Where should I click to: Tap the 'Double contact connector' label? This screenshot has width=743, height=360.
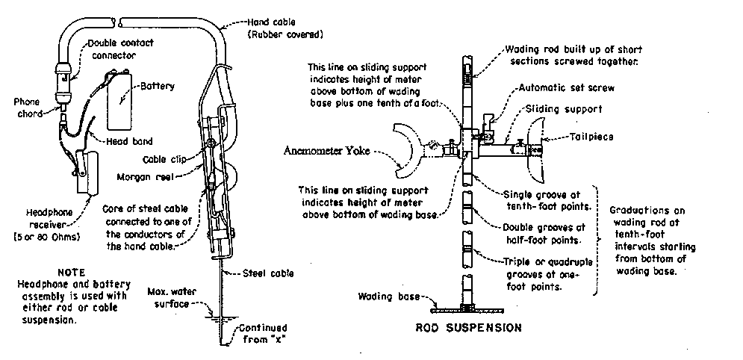pyautogui.click(x=120, y=49)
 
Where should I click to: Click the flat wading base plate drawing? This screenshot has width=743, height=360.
pyautogui.click(x=466, y=307)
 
